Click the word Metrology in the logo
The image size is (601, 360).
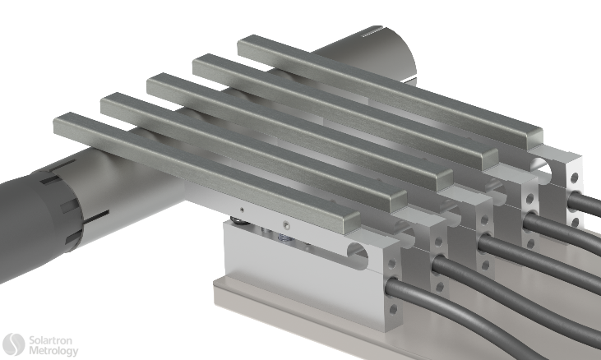(53, 351)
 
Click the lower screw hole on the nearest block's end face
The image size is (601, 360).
(392, 309)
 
